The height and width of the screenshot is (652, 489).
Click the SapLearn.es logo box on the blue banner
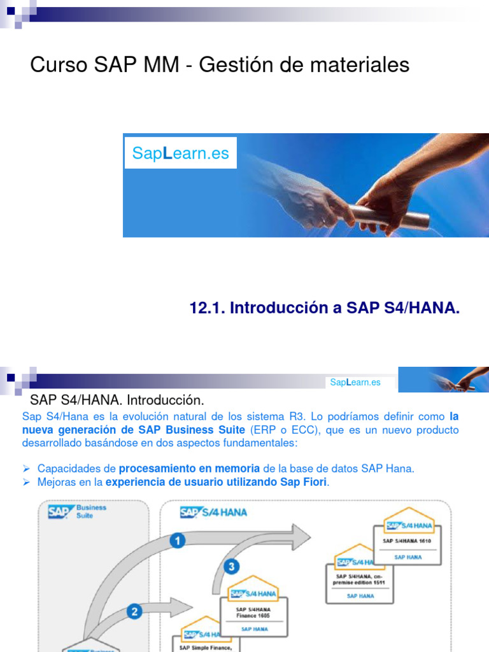click(x=180, y=153)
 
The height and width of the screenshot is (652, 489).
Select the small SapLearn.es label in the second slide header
click(x=355, y=382)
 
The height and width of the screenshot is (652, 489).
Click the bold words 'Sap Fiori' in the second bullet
click(x=304, y=482)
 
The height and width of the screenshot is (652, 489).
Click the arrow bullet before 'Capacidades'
click(x=27, y=469)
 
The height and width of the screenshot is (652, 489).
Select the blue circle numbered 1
click(x=178, y=541)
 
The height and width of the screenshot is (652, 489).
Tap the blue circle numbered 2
click(x=134, y=612)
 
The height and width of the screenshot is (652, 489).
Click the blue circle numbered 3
click(x=232, y=566)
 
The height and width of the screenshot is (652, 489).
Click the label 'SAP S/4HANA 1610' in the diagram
click(x=407, y=541)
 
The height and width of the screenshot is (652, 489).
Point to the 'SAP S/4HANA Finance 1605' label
click(x=254, y=612)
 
